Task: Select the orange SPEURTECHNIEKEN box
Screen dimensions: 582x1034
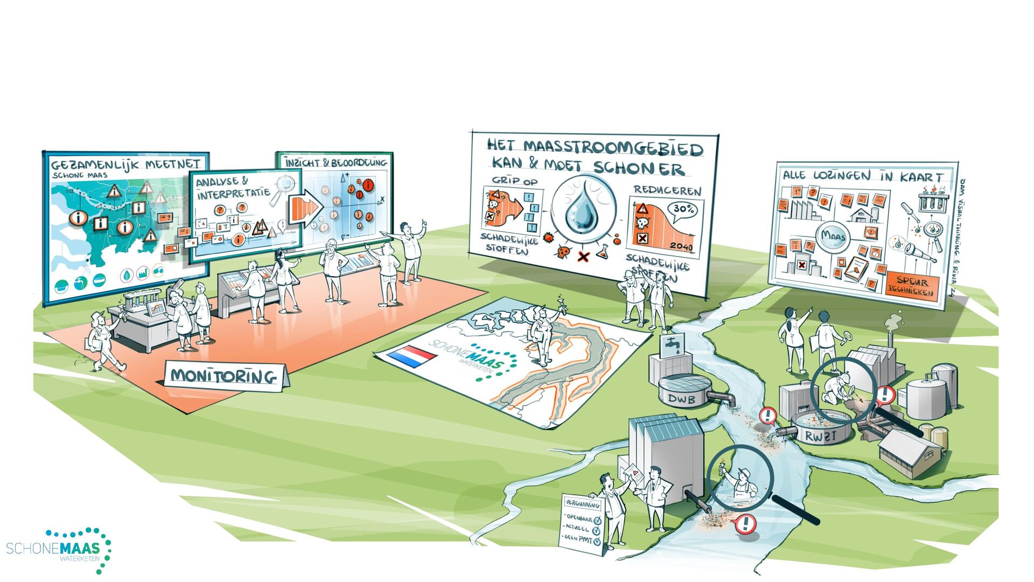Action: pyautogui.click(x=912, y=286)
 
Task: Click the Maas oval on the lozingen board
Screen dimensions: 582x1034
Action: pyautogui.click(x=833, y=237)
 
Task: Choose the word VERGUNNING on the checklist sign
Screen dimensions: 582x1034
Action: pyautogui.click(x=582, y=504)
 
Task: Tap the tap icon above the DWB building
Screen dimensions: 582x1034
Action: pyautogui.click(x=672, y=343)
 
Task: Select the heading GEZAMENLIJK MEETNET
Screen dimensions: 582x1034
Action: pyautogui.click(x=125, y=164)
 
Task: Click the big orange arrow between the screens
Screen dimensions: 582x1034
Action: pyautogui.click(x=304, y=209)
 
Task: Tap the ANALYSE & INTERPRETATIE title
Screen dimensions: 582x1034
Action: pyautogui.click(x=232, y=188)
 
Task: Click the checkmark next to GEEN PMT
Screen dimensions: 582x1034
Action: pyautogui.click(x=597, y=539)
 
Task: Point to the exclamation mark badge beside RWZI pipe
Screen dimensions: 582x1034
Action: pyautogui.click(x=767, y=415)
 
